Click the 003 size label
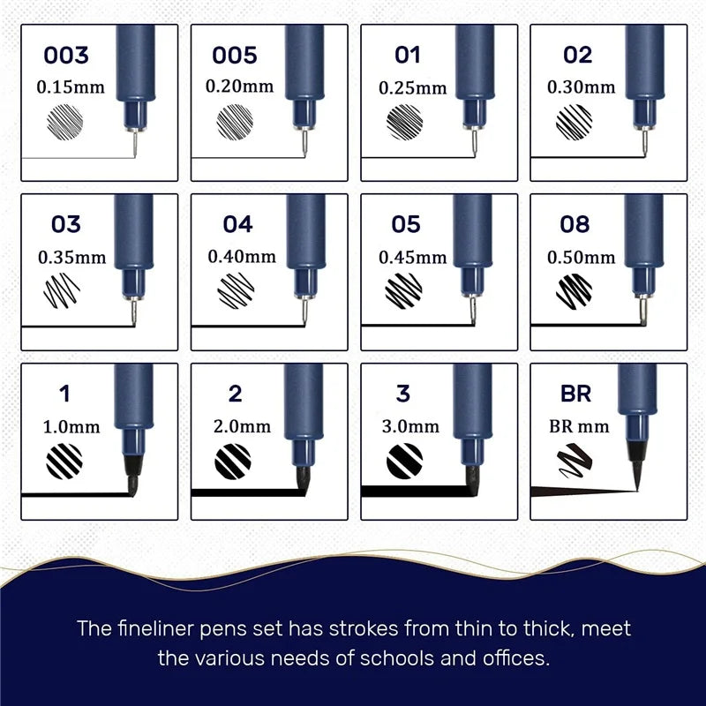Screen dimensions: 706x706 click(x=66, y=55)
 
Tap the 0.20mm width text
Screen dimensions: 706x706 click(x=239, y=86)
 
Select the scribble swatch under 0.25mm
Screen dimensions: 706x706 click(x=405, y=122)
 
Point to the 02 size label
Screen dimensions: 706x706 click(x=578, y=55)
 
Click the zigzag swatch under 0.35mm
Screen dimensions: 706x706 click(x=62, y=290)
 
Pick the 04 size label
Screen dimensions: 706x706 click(x=237, y=224)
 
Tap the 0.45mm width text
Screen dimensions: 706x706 click(x=413, y=257)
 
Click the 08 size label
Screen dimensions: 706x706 click(x=575, y=224)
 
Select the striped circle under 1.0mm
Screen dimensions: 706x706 click(x=64, y=461)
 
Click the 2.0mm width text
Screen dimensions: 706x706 click(x=242, y=426)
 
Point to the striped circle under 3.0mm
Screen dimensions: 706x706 click(x=405, y=461)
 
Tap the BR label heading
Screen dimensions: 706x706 click(x=576, y=394)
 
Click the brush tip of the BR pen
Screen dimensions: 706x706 click(x=636, y=468)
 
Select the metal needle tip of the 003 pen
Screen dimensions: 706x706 click(x=135, y=144)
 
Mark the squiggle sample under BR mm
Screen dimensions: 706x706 click(x=575, y=460)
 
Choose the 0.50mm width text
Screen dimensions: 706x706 click(x=582, y=257)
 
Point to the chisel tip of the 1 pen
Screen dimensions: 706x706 click(x=133, y=476)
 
